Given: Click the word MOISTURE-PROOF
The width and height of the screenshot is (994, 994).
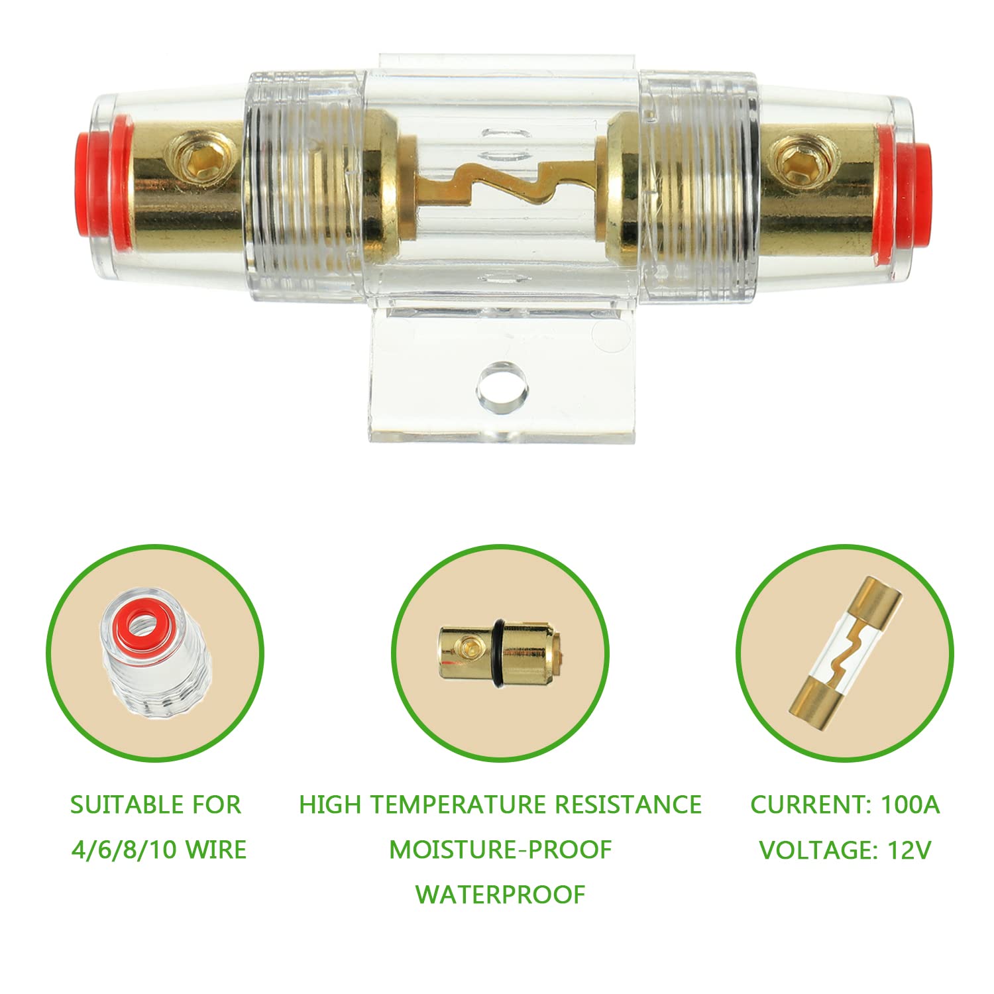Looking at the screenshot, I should pyautogui.click(x=500, y=850).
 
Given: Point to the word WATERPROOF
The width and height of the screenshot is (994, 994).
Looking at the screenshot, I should pyautogui.click(x=500, y=895).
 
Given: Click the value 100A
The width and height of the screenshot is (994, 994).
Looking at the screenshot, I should pyautogui.click(x=910, y=805).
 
